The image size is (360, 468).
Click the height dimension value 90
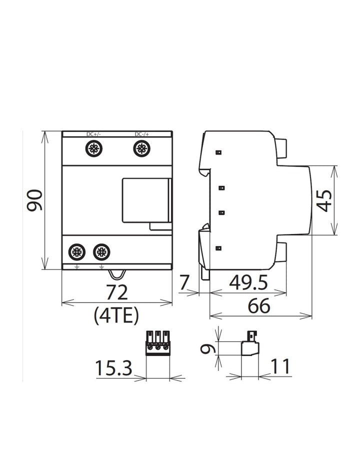click(34, 200)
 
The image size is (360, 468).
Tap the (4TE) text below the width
click(116, 316)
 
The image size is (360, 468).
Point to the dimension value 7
click(184, 283)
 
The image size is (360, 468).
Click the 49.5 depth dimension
click(248, 283)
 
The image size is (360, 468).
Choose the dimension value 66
click(259, 306)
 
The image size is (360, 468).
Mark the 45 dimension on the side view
click(325, 200)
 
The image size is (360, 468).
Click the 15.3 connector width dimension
click(113, 369)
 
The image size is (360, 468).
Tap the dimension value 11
click(280, 367)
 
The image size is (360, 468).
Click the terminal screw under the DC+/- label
click(93, 148)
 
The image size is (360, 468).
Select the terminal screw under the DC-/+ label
click(141, 148)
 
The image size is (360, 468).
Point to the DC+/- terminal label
click(93, 134)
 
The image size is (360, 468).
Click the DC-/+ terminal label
click(141, 134)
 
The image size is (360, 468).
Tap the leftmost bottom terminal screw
click(76, 251)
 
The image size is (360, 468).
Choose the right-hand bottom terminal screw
click(101, 251)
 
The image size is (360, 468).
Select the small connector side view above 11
click(249, 345)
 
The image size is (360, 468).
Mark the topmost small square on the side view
click(218, 152)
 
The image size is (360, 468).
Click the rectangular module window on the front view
click(145, 200)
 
